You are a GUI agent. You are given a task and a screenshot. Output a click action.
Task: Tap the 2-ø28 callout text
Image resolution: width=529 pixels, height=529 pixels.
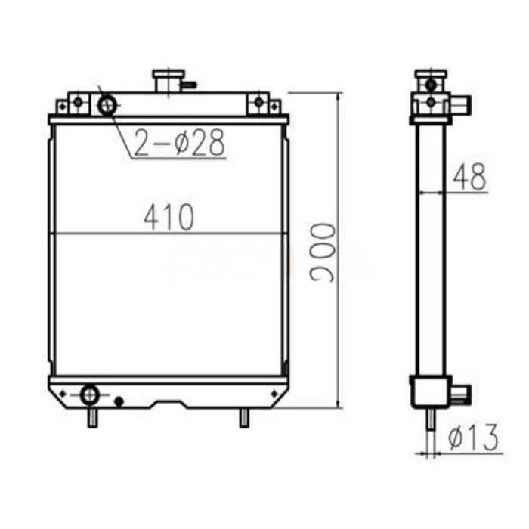(x=179, y=142)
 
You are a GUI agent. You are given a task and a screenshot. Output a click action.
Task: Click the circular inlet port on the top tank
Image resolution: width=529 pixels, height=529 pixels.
(x=107, y=104)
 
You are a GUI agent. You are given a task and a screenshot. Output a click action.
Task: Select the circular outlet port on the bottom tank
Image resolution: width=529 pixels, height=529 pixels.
(x=90, y=394)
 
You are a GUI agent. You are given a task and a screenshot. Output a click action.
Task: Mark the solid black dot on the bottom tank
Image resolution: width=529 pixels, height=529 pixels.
(x=118, y=401)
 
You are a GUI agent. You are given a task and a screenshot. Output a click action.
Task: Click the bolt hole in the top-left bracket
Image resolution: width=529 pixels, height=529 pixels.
(x=76, y=102)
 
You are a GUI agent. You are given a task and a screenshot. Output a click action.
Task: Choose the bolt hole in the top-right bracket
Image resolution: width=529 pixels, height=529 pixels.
(x=260, y=102)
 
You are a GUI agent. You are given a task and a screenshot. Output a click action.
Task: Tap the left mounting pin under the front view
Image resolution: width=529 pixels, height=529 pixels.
(x=91, y=418)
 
